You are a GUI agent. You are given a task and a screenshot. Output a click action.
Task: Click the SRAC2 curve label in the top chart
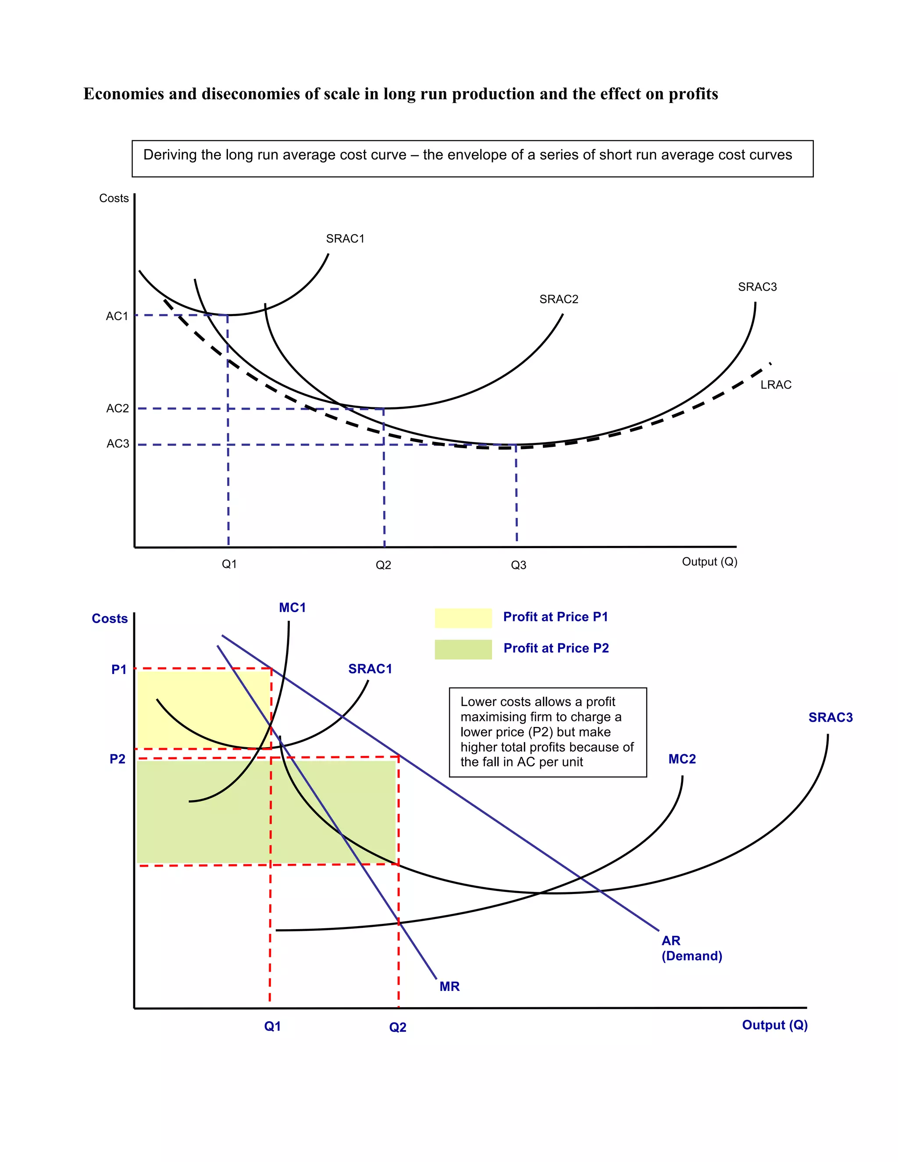click(558, 299)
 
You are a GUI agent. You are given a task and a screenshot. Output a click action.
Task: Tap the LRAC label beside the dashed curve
click(775, 385)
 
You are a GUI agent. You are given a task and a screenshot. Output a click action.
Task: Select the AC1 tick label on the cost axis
click(117, 316)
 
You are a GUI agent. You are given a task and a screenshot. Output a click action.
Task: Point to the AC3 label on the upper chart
click(118, 444)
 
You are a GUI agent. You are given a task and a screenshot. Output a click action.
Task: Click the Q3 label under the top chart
click(518, 565)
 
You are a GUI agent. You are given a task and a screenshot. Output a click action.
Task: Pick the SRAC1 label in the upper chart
click(345, 239)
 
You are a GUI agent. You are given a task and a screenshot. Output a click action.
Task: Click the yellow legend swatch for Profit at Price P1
click(463, 618)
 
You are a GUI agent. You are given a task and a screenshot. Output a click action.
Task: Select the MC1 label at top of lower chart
click(292, 608)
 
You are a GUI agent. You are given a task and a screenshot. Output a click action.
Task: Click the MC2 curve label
click(681, 759)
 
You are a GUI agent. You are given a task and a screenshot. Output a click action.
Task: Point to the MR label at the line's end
click(449, 987)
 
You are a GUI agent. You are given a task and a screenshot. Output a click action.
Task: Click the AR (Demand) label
click(691, 948)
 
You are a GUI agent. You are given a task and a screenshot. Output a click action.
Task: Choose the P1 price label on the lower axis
click(119, 669)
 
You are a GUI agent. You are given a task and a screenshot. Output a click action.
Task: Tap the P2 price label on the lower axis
click(118, 759)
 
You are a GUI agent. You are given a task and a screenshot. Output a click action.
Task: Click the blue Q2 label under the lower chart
click(397, 1027)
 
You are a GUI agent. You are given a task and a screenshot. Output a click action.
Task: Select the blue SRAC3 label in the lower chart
click(830, 717)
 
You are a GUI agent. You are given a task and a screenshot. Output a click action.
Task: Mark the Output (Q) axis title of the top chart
click(709, 562)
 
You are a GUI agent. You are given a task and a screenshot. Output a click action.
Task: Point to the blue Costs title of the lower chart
click(110, 618)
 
